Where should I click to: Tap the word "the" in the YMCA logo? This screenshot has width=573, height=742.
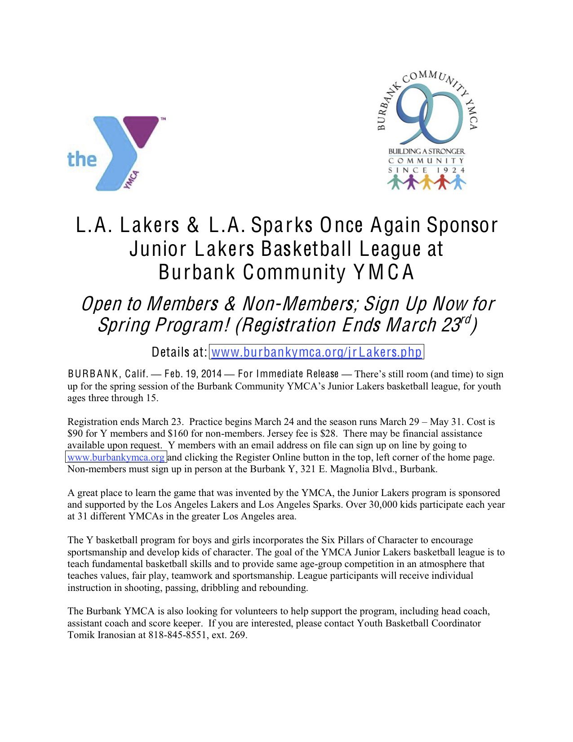click(82, 159)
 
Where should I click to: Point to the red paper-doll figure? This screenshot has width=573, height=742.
click(442, 181)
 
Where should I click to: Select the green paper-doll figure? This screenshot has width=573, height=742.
click(395, 181)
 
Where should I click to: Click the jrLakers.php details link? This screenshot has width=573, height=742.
click(316, 352)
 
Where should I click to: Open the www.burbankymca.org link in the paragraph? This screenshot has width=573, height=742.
click(116, 457)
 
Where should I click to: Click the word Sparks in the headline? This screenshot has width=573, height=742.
click(281, 225)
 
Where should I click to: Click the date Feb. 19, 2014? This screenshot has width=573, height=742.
click(193, 374)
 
